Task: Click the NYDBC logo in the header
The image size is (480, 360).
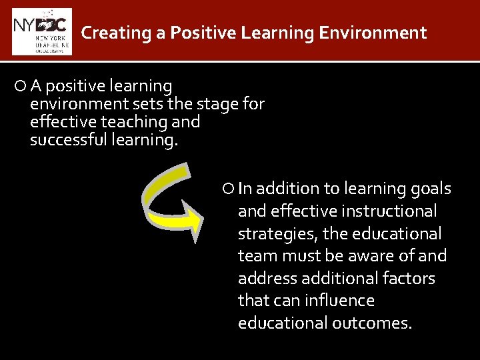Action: [41, 31]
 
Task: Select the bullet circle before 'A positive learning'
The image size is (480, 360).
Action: [21, 86]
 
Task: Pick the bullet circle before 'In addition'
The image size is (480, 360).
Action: [229, 189]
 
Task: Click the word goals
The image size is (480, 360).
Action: [431, 189]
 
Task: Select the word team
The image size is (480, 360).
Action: [254, 256]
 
